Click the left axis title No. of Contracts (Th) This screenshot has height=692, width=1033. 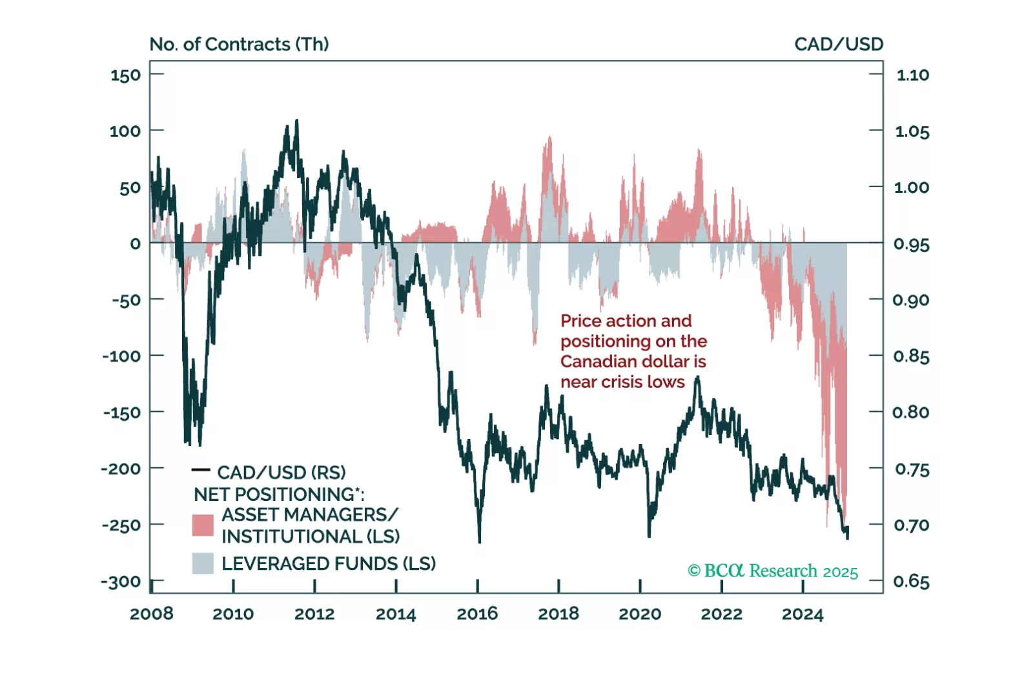click(x=239, y=44)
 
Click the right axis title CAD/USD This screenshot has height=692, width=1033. click(x=838, y=44)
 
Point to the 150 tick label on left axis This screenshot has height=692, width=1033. click(x=125, y=76)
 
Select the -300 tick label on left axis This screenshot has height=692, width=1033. click(x=121, y=582)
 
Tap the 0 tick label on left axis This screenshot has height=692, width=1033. click(x=135, y=244)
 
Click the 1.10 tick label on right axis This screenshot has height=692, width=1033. click(x=912, y=75)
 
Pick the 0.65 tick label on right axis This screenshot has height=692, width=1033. click(x=911, y=582)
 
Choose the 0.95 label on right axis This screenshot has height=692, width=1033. click(x=911, y=244)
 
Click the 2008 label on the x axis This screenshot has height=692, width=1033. click(x=151, y=613)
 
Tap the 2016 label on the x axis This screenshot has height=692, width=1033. click(x=477, y=613)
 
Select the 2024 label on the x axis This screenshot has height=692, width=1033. click(x=803, y=613)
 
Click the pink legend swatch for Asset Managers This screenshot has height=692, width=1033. click(x=203, y=525)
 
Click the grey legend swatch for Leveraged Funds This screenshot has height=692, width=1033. click(x=203, y=563)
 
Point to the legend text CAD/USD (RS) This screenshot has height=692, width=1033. click(x=281, y=473)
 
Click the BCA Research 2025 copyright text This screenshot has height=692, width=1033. click(x=773, y=571)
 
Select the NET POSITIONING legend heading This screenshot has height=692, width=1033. click(x=278, y=494)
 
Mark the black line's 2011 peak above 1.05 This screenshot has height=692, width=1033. click(x=296, y=121)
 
